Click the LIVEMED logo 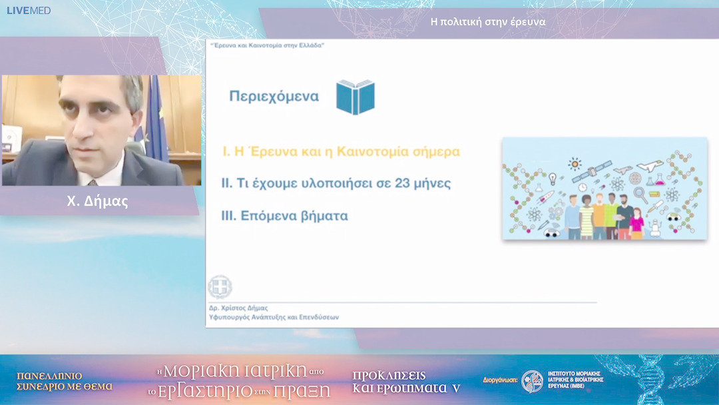29,11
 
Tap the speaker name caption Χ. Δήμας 97,202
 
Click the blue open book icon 355,97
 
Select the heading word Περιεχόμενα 274,97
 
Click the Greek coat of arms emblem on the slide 220,287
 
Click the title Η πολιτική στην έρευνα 488,21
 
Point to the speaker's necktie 93,181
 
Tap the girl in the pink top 636,222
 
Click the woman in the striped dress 586,216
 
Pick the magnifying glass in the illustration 640,194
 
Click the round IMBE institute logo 532,382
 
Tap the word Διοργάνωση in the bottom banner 500,382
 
